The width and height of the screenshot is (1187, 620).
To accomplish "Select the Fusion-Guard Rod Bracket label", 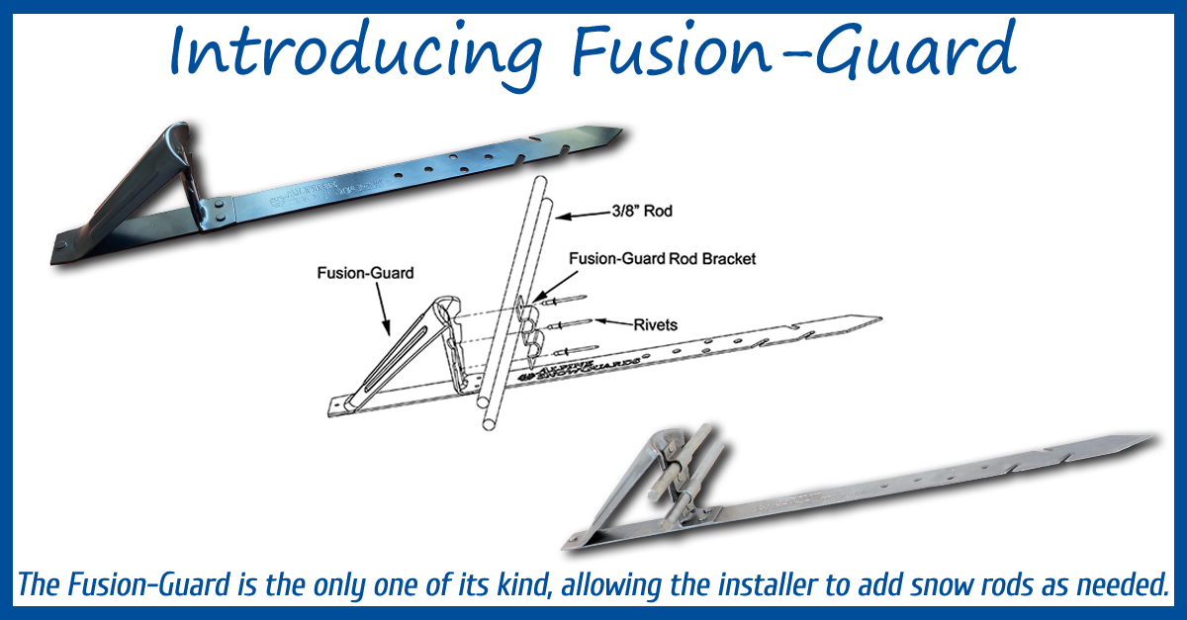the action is (x=662, y=258).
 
